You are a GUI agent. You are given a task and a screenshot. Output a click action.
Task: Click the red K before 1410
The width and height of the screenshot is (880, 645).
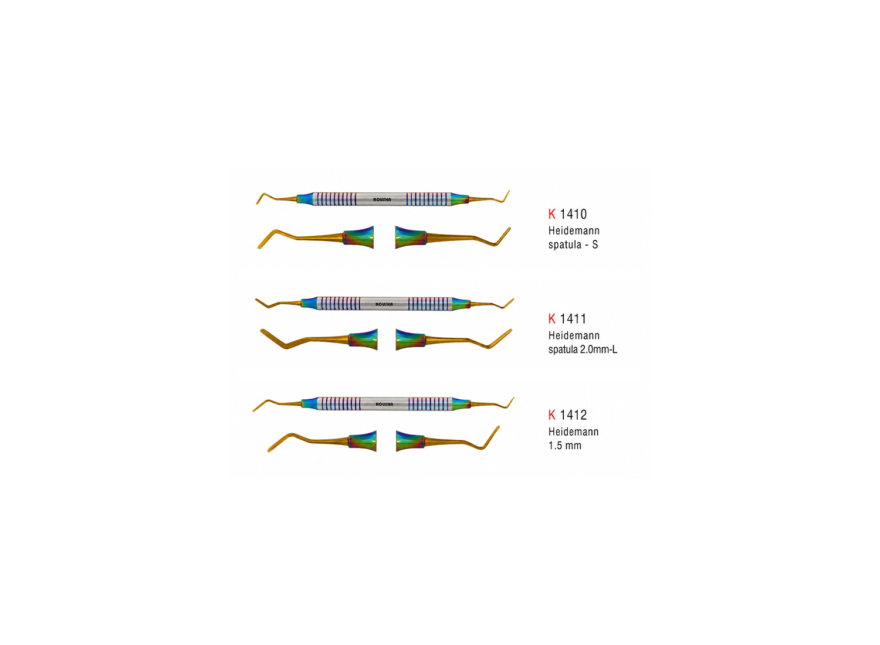552,215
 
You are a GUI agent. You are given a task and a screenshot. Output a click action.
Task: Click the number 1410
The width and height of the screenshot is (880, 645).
573,215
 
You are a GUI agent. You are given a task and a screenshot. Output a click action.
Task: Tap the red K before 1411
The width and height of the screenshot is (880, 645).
552,319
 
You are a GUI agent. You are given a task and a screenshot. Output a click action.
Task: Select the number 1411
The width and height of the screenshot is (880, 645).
573,319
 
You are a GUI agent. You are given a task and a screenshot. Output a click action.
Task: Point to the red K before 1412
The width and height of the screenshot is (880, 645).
552,415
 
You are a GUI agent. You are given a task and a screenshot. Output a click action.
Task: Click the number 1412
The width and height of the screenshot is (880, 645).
573,415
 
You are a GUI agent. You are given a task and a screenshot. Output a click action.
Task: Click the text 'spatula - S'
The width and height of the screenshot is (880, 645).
573,245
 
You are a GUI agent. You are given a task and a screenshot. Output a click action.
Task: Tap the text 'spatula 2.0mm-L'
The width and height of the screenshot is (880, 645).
583,349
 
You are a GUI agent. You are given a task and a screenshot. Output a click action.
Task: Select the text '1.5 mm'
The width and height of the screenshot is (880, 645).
565,446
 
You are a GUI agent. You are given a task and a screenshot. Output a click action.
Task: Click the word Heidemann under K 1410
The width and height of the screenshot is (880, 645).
574,230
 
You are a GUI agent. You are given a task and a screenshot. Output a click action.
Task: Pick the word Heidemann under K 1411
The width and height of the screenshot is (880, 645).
574,335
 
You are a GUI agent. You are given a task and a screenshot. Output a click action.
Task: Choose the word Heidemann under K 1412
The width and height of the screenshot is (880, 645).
574,432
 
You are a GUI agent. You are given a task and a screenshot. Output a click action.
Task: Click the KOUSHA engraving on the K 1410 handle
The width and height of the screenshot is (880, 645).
383,199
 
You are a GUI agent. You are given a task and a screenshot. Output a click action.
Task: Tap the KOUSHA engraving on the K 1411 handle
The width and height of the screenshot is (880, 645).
384,304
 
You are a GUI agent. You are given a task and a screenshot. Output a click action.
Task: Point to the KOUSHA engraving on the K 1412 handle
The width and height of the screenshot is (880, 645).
384,405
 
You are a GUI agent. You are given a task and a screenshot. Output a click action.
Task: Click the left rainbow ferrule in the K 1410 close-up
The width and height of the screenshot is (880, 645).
358,237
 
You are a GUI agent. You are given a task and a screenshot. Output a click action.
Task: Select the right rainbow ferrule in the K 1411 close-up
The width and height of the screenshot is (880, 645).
411,340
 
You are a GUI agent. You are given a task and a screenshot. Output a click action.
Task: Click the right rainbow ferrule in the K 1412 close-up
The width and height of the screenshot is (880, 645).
411,442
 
